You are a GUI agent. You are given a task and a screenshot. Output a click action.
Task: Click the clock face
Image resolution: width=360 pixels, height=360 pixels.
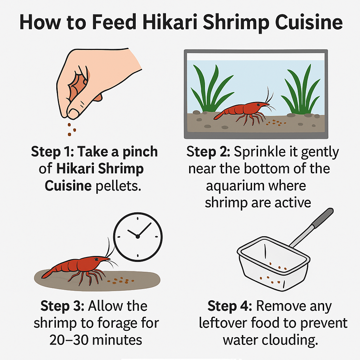[138, 236]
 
